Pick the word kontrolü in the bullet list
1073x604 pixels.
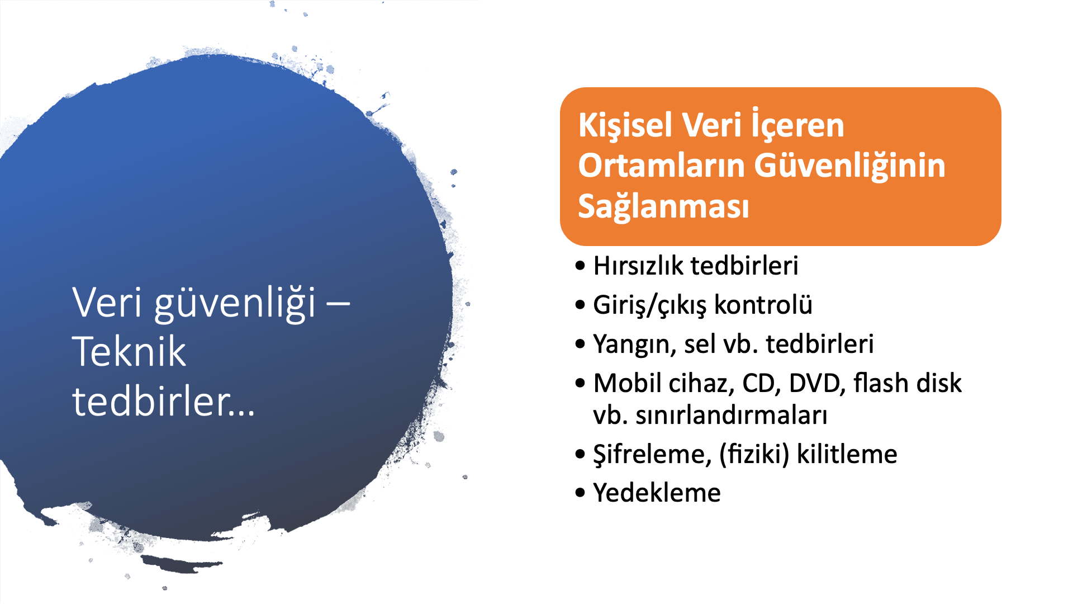763,304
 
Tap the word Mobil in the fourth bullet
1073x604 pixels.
628,383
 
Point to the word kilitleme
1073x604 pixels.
847,454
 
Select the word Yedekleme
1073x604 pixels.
657,493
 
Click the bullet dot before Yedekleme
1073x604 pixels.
580,493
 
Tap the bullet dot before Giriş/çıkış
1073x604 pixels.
580,305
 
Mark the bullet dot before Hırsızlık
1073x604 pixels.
580,266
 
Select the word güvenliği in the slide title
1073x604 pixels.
235,304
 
